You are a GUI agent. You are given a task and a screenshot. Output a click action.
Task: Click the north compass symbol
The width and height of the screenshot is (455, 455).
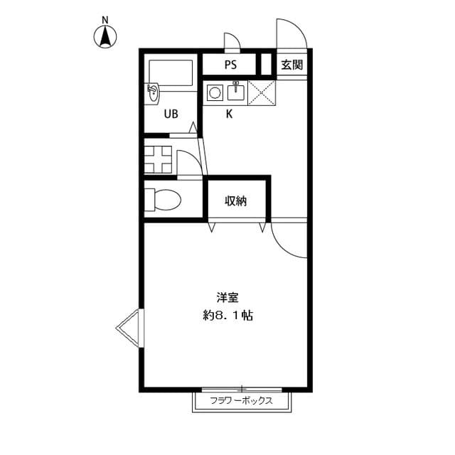106,36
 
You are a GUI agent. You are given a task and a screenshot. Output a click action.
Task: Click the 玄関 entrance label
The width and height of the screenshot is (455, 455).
291,65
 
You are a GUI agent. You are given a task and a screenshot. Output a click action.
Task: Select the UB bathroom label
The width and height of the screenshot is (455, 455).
171,114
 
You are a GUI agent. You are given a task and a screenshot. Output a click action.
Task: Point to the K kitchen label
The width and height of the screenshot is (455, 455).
229,114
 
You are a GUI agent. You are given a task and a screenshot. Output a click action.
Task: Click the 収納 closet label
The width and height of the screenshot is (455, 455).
236,201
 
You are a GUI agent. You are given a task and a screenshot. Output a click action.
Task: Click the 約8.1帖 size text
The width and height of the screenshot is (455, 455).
227,316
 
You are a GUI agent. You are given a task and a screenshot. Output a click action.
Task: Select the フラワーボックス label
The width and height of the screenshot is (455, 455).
242,401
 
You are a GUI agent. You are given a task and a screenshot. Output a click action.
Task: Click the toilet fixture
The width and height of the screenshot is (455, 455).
162,199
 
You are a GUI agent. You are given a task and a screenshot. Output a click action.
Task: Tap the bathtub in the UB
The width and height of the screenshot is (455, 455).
171,74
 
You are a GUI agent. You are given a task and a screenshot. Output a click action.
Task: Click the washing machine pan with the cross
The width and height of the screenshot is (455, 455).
157,159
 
